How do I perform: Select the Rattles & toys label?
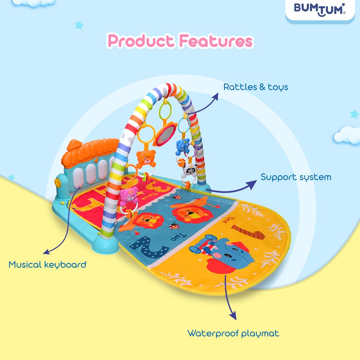[x=256, y=87]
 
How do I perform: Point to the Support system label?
[x=296, y=177]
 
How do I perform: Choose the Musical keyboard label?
[x=47, y=265]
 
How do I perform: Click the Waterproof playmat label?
[x=233, y=333]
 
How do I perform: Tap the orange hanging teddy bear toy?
[x=146, y=158]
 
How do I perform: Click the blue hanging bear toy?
[x=183, y=147]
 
